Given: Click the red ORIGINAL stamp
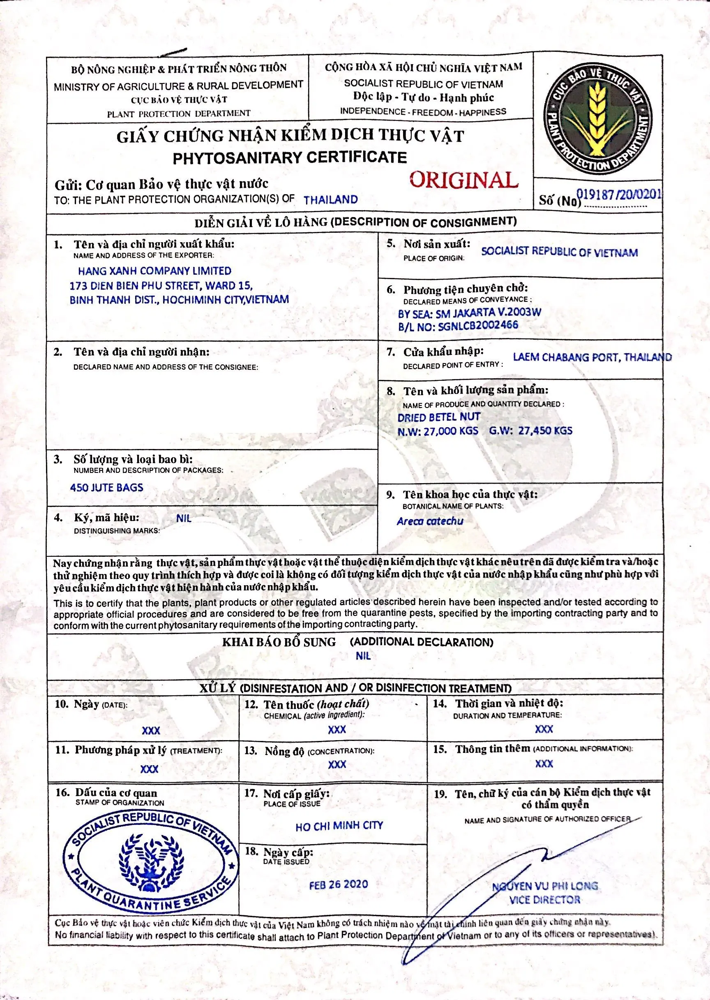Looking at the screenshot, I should [463, 180].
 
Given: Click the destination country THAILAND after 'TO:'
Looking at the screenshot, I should [330, 200].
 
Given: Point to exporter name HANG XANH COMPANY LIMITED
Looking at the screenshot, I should [154, 271].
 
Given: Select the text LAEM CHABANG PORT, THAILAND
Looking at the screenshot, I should [592, 357].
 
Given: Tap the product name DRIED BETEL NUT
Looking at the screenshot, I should [438, 417].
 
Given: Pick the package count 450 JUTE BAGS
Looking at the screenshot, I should [107, 487].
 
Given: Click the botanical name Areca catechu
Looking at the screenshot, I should [430, 521].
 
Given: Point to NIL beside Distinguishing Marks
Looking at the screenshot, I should [184, 519].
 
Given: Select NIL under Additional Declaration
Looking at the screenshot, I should [363, 656].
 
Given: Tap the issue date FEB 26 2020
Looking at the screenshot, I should [339, 884].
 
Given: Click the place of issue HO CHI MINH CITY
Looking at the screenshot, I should [339, 826].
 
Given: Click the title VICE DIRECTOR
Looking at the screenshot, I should [545, 900].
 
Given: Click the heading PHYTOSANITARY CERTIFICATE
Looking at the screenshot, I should [289, 157].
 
